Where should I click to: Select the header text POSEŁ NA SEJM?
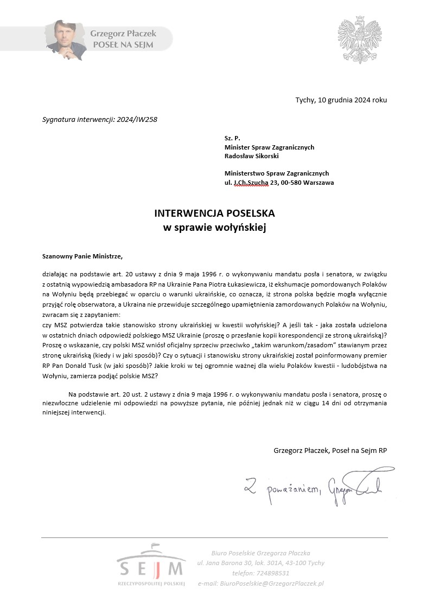pos(122,45)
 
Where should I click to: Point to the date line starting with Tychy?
pos(341,100)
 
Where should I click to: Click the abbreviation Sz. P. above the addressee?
pos(232,139)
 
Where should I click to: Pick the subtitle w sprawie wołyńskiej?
pos(215,228)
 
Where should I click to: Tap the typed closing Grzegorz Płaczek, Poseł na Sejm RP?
pos(330,450)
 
